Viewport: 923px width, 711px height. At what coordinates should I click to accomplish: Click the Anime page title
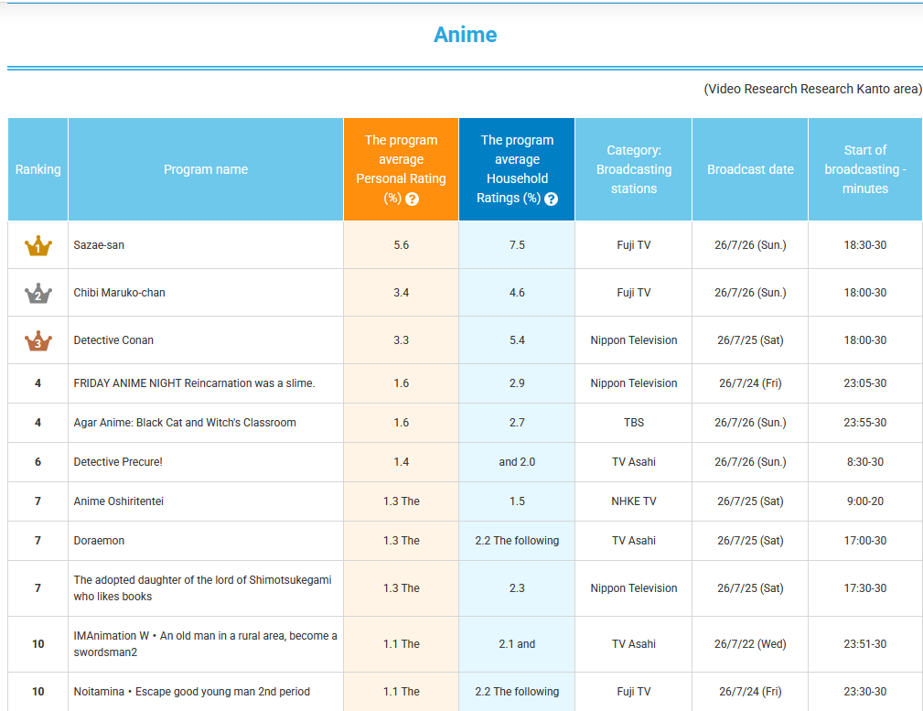(465, 35)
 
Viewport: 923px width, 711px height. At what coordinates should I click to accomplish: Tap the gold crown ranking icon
(38, 245)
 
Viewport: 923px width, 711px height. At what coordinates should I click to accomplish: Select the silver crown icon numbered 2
(38, 293)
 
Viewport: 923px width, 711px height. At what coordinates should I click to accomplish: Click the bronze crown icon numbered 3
(38, 340)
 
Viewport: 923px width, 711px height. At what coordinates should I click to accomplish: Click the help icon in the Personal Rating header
(412, 199)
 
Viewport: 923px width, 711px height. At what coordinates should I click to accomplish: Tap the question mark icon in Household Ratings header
(551, 199)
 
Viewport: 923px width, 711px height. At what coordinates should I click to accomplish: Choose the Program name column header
(206, 169)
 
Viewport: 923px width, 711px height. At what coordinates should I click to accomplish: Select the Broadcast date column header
(750, 169)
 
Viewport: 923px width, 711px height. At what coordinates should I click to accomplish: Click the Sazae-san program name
(99, 245)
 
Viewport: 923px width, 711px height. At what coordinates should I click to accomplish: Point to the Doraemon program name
(99, 540)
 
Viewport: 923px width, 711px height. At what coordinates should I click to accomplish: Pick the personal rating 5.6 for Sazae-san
(401, 245)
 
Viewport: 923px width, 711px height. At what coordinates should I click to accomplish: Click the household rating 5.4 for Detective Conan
(517, 339)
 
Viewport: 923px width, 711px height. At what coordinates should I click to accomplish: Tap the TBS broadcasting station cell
(633, 423)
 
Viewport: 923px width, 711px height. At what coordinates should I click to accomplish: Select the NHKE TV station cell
(633, 501)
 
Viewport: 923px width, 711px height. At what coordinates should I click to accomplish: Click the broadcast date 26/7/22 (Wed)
(750, 644)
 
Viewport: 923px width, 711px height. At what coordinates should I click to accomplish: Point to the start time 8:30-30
(864, 462)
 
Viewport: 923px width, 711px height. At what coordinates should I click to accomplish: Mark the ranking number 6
(38, 462)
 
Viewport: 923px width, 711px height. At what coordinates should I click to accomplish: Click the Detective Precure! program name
(118, 462)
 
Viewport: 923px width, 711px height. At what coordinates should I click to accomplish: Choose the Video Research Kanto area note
(813, 89)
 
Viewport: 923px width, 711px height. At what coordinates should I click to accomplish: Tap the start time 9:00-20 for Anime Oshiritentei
(864, 501)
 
